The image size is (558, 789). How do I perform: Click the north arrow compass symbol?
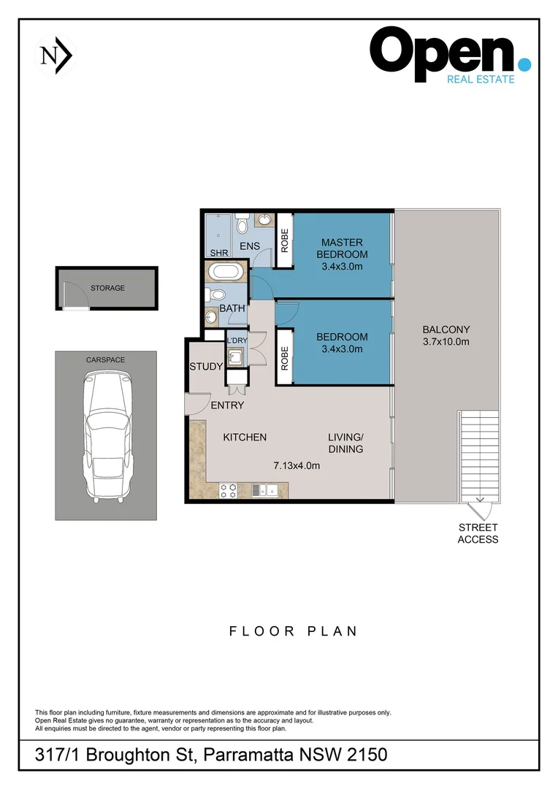coord(56,56)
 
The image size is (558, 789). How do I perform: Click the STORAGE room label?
coord(107,288)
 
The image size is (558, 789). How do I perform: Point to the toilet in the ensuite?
coord(243,220)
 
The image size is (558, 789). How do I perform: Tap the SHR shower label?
coord(218,253)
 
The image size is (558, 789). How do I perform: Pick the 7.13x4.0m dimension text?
coord(297,465)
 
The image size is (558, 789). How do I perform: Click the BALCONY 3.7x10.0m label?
coord(446,335)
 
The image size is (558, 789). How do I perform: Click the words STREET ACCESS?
coord(478,533)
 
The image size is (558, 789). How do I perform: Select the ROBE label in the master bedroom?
coord(284,241)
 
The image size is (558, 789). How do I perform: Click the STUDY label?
coord(205,367)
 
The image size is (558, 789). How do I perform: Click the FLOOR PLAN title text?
coord(294,631)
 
